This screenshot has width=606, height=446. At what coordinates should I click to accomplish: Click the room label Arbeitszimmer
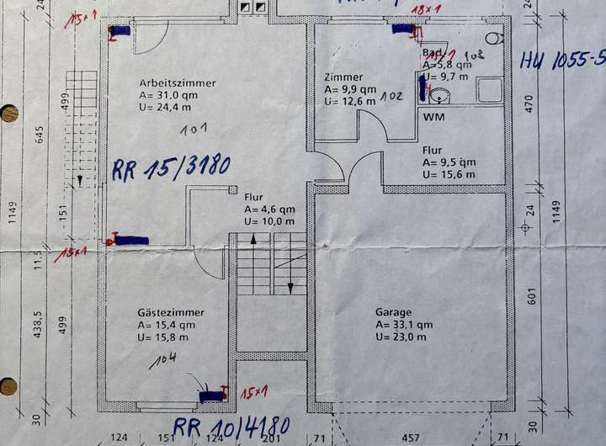pos(177,83)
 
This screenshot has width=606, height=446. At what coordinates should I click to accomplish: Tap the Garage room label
pos(393,311)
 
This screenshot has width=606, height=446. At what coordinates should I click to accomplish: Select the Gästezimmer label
pos(171,312)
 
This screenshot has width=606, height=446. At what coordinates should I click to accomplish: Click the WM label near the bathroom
pos(434,117)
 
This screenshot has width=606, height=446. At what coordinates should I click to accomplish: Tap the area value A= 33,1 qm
pos(404,324)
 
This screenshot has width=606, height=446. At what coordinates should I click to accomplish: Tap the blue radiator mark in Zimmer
pos(403,29)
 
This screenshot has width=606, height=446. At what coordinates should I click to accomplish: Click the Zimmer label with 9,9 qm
pos(343,77)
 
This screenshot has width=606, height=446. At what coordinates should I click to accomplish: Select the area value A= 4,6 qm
pos(269,209)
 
